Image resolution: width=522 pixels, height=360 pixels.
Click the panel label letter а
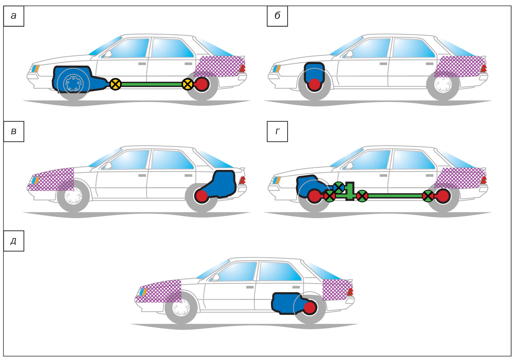tap(14, 16)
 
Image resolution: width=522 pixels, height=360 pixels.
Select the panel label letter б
tap(277, 16)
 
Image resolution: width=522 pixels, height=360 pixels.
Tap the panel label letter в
tap(14, 132)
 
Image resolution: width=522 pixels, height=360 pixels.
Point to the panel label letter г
tap(277, 132)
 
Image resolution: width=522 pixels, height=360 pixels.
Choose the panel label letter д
tap(14, 241)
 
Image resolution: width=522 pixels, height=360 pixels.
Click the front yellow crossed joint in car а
tap(115, 84)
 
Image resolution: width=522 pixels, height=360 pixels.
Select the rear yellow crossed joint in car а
tap(188, 84)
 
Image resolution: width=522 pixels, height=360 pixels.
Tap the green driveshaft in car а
tap(151, 84)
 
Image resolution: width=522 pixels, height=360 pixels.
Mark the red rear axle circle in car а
tap(202, 84)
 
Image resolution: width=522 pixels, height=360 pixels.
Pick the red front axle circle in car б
tap(314, 85)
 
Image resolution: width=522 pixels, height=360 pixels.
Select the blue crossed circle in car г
tap(339, 187)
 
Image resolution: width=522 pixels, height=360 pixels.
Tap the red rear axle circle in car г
tap(443, 196)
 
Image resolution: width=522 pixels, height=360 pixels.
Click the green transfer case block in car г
tap(350, 191)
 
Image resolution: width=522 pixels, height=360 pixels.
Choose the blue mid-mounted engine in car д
tap(285, 303)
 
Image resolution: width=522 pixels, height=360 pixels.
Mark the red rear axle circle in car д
tap(310, 308)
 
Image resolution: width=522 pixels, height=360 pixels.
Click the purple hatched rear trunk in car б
tap(459, 66)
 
